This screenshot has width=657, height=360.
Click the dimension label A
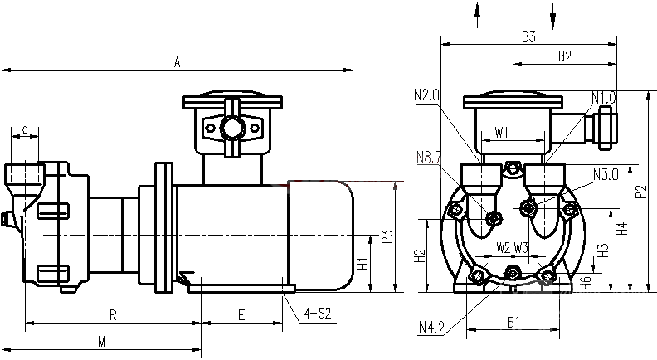pyautogui.click(x=177, y=61)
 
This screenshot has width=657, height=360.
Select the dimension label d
pyautogui.click(x=26, y=129)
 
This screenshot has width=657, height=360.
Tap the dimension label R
pyautogui.click(x=113, y=314)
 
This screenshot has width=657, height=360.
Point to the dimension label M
pyautogui.click(x=101, y=341)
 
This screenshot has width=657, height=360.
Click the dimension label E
pyautogui.click(x=241, y=314)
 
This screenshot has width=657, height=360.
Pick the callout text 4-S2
pyautogui.click(x=319, y=314)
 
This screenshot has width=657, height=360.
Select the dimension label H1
pyautogui.click(x=363, y=265)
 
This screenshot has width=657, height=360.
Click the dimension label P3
pyautogui.click(x=387, y=237)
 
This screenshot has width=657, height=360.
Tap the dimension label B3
pyautogui.click(x=528, y=36)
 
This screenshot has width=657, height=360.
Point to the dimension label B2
pyautogui.click(x=564, y=56)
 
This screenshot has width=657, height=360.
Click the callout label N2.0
pyautogui.click(x=426, y=95)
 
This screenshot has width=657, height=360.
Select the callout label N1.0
pyautogui.click(x=604, y=98)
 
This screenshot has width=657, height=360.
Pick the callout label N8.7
pyautogui.click(x=429, y=155)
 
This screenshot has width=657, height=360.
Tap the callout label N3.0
pyautogui.click(x=606, y=174)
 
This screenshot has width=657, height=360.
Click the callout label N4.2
pyautogui.click(x=431, y=328)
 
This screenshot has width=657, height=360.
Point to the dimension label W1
pyautogui.click(x=501, y=133)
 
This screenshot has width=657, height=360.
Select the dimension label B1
pyautogui.click(x=513, y=321)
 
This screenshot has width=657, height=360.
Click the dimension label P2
pyautogui.click(x=641, y=192)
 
